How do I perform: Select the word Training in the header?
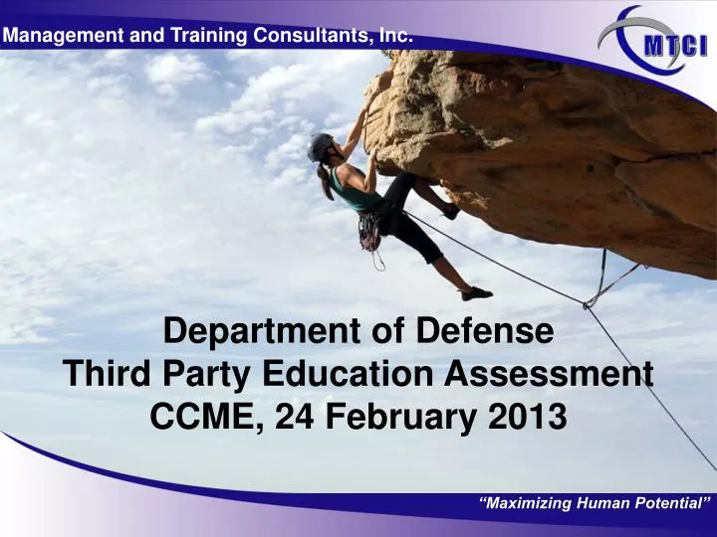coord(196,36)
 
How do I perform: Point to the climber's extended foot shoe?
coord(477,293)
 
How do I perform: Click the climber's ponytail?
coord(327,185)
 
